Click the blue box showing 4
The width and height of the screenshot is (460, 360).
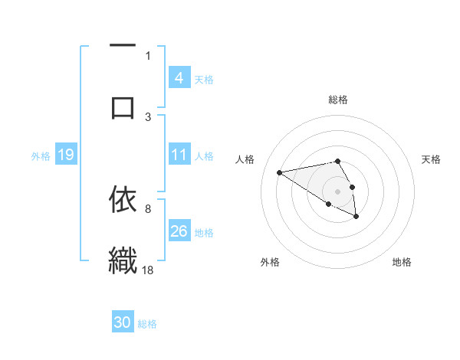tap(179, 78)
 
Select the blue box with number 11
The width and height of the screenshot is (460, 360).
tap(179, 155)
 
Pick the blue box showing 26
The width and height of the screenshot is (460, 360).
tap(179, 231)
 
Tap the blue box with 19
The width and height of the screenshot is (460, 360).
tap(65, 155)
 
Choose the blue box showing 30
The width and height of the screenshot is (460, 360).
tap(122, 323)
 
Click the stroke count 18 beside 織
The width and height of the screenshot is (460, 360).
tap(148, 270)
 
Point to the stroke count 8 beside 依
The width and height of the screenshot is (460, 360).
tap(147, 208)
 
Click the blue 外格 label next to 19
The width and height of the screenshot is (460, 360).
tap(41, 156)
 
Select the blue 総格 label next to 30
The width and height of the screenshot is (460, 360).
tap(147, 324)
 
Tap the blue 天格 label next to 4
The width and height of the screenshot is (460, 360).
tap(204, 79)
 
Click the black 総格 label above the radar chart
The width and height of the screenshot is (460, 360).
tap(338, 100)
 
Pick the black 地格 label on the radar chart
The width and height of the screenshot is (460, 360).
tap(402, 262)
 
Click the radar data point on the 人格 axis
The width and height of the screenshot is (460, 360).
tap(279, 172)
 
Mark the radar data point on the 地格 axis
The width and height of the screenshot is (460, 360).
tap(356, 217)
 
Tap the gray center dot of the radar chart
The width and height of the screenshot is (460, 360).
tap(337, 190)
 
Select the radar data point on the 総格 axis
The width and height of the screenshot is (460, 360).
tap(337, 161)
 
